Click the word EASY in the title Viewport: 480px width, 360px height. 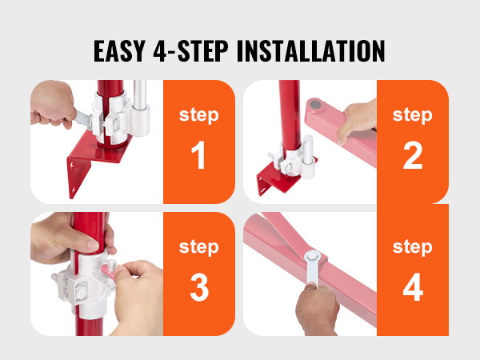click(x=120, y=51)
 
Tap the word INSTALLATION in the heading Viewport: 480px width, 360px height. click(x=310, y=51)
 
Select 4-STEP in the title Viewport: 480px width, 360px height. click(x=190, y=51)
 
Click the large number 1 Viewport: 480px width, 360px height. click(x=198, y=155)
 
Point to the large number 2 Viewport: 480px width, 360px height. click(x=413, y=155)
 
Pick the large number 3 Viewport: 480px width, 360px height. click(x=199, y=287)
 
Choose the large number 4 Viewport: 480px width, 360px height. click(x=413, y=287)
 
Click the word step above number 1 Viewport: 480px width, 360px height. click(x=199, y=115)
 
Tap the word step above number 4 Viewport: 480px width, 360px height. click(x=413, y=247)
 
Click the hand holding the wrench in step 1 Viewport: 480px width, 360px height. click(x=52, y=104)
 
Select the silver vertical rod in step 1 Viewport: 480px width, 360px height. click(x=140, y=95)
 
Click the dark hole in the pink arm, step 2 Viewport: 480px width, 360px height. click(x=315, y=105)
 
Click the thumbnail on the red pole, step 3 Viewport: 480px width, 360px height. click(x=93, y=244)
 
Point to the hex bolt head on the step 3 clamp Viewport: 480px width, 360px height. click(x=81, y=291)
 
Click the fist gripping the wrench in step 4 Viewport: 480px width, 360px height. click(x=318, y=309)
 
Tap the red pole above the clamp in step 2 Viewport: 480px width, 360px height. click(x=290, y=114)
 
